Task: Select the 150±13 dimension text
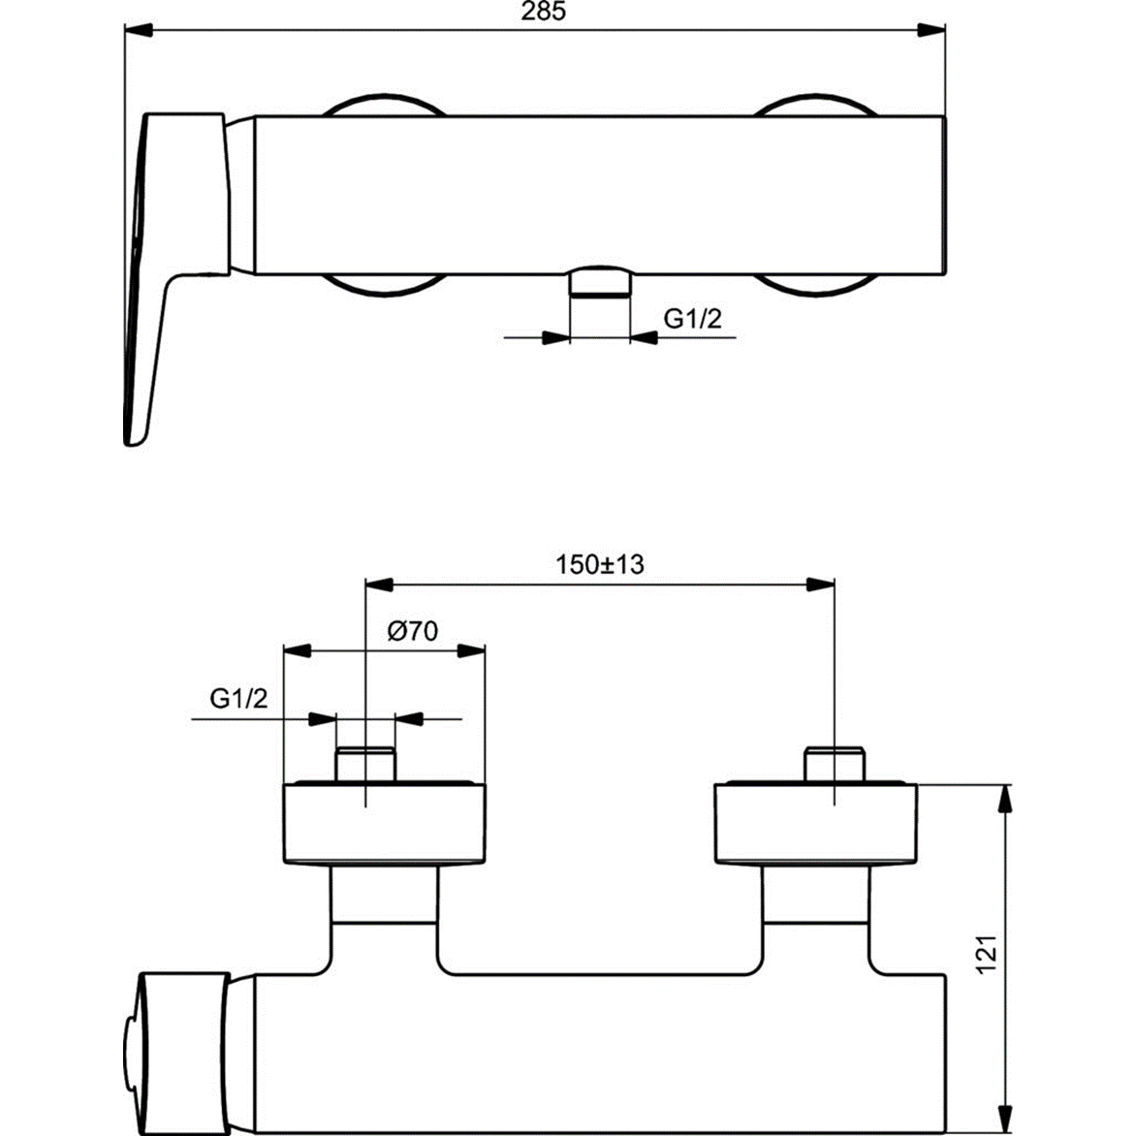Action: pos(599,564)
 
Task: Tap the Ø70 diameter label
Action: pos(412,631)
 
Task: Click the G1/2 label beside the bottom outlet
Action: pos(692,318)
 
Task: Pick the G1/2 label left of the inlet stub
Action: pos(238,698)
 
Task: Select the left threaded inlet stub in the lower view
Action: pos(365,764)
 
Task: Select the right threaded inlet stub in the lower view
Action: pos(835,764)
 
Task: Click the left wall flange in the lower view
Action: pos(383,822)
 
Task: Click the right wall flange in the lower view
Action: pos(814,822)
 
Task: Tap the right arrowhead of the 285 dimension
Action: pos(932,30)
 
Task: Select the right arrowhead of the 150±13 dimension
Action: pos(821,584)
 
